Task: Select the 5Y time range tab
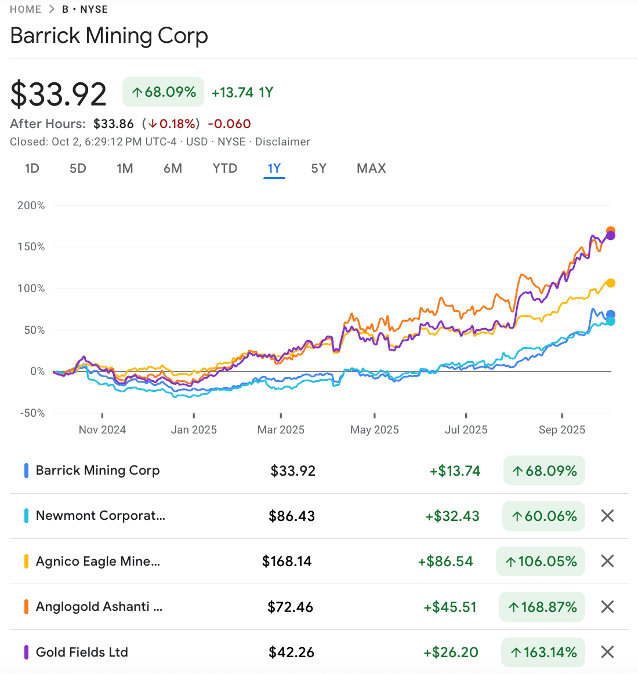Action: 318,169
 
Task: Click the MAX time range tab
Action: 371,169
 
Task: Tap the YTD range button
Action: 224,169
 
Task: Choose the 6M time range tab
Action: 173,169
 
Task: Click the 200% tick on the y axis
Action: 31,206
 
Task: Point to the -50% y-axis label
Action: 32,413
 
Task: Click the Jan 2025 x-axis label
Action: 194,430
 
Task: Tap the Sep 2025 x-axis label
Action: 561,430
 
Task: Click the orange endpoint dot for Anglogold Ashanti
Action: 611,231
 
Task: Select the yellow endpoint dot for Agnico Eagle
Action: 610,283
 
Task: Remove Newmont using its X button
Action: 607,516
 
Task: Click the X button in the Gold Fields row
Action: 607,652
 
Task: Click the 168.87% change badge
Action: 542,607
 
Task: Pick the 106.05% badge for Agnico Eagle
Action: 541,562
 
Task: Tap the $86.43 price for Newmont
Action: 291,516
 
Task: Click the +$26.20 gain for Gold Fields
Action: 451,653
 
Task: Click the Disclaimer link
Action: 282,142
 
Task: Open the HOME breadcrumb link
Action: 26,9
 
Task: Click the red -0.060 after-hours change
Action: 229,124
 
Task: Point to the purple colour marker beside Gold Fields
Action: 26,652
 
